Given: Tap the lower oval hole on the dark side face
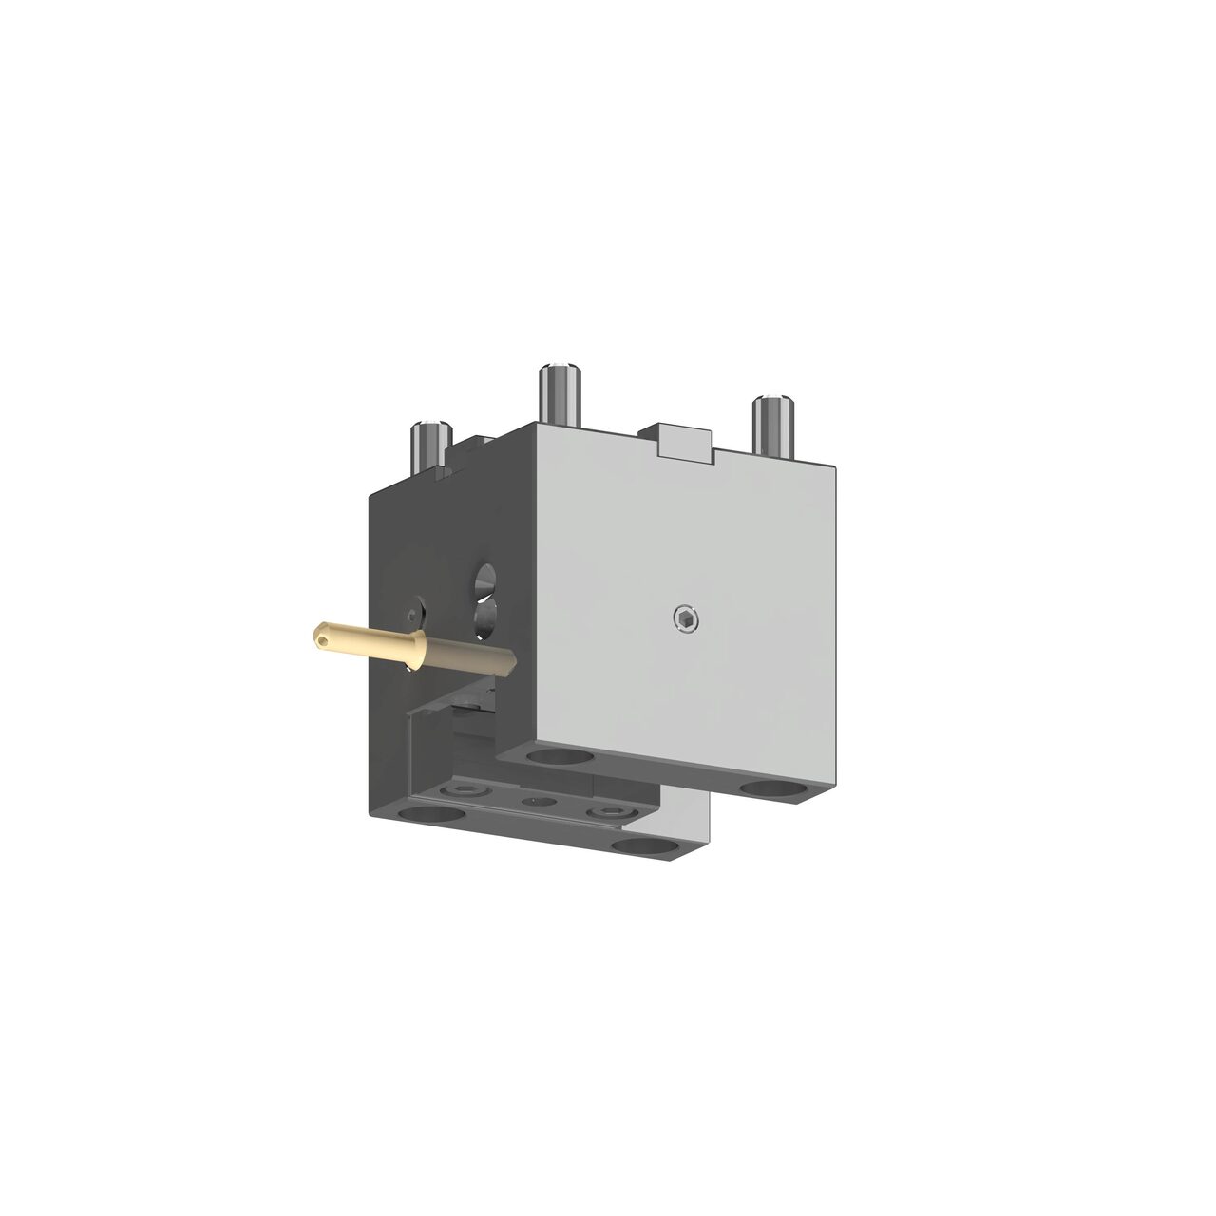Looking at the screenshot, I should click(x=484, y=618).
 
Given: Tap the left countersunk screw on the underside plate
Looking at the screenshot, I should click(x=466, y=790).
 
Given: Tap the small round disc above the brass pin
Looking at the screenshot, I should click(x=414, y=609).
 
